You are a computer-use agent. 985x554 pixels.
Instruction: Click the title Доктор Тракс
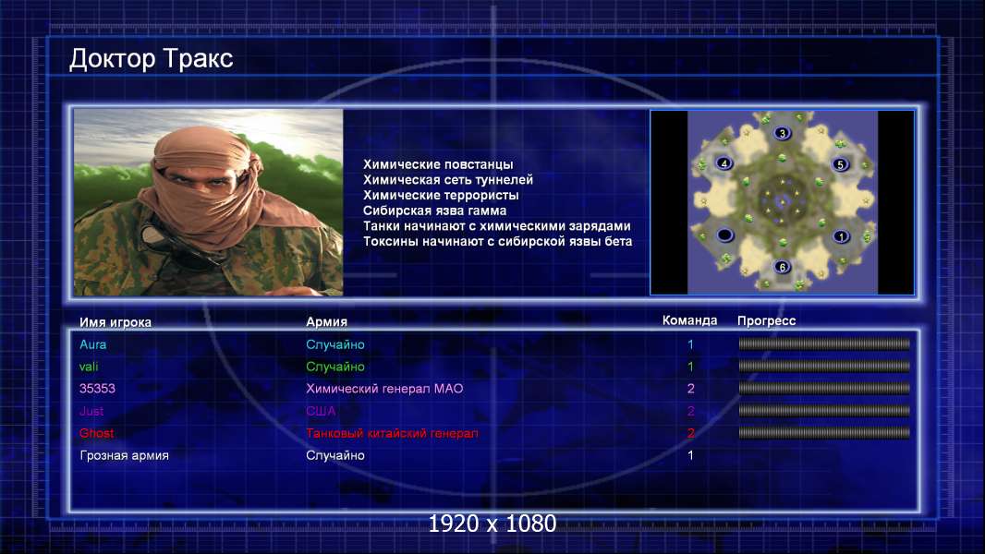click(151, 59)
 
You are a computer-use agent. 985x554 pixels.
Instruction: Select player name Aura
click(93, 344)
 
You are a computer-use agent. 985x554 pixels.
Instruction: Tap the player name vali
click(89, 367)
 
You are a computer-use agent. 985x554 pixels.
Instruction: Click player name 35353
click(97, 389)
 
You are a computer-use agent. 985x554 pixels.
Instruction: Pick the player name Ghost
click(97, 433)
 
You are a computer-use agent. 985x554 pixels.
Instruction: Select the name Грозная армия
click(125, 456)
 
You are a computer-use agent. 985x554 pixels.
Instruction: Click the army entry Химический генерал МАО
click(384, 389)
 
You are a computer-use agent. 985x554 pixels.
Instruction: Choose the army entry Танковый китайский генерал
click(392, 433)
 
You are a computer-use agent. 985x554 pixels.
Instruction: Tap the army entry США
click(321, 411)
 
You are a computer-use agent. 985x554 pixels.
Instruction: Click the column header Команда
click(689, 320)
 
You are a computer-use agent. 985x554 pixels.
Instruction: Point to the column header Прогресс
click(766, 321)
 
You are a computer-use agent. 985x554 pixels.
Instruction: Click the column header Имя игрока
click(116, 322)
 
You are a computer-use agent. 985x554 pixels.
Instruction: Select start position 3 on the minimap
click(782, 133)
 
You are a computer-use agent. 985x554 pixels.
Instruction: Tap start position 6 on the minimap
click(782, 267)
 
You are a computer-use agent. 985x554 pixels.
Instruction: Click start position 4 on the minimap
click(724, 163)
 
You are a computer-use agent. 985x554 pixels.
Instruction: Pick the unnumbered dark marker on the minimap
click(725, 235)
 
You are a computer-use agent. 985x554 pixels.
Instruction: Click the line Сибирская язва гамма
click(434, 211)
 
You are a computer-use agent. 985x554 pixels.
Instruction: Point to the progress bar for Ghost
click(824, 433)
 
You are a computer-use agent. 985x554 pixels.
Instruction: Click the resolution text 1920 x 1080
click(492, 524)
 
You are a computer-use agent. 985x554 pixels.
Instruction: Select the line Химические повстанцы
click(438, 164)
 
